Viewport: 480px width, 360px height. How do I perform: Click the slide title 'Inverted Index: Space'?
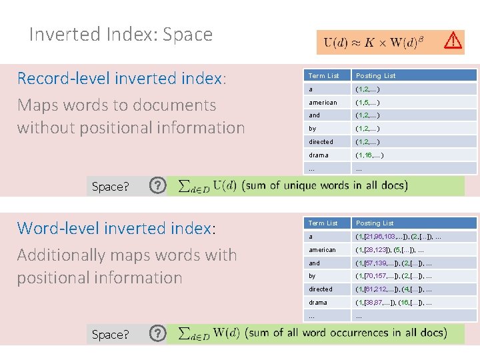coord(121,35)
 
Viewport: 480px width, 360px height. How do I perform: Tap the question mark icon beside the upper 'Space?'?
coord(157,185)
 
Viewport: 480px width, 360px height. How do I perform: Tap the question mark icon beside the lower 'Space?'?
coord(157,333)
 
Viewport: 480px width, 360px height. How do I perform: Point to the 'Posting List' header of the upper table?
coord(375,75)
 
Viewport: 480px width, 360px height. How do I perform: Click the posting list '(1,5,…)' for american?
coord(367,102)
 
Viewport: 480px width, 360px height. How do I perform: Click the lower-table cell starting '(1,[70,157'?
coord(393,275)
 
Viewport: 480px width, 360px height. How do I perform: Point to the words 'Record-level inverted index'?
coord(121,79)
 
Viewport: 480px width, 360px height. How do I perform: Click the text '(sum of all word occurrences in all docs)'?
coord(346,332)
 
